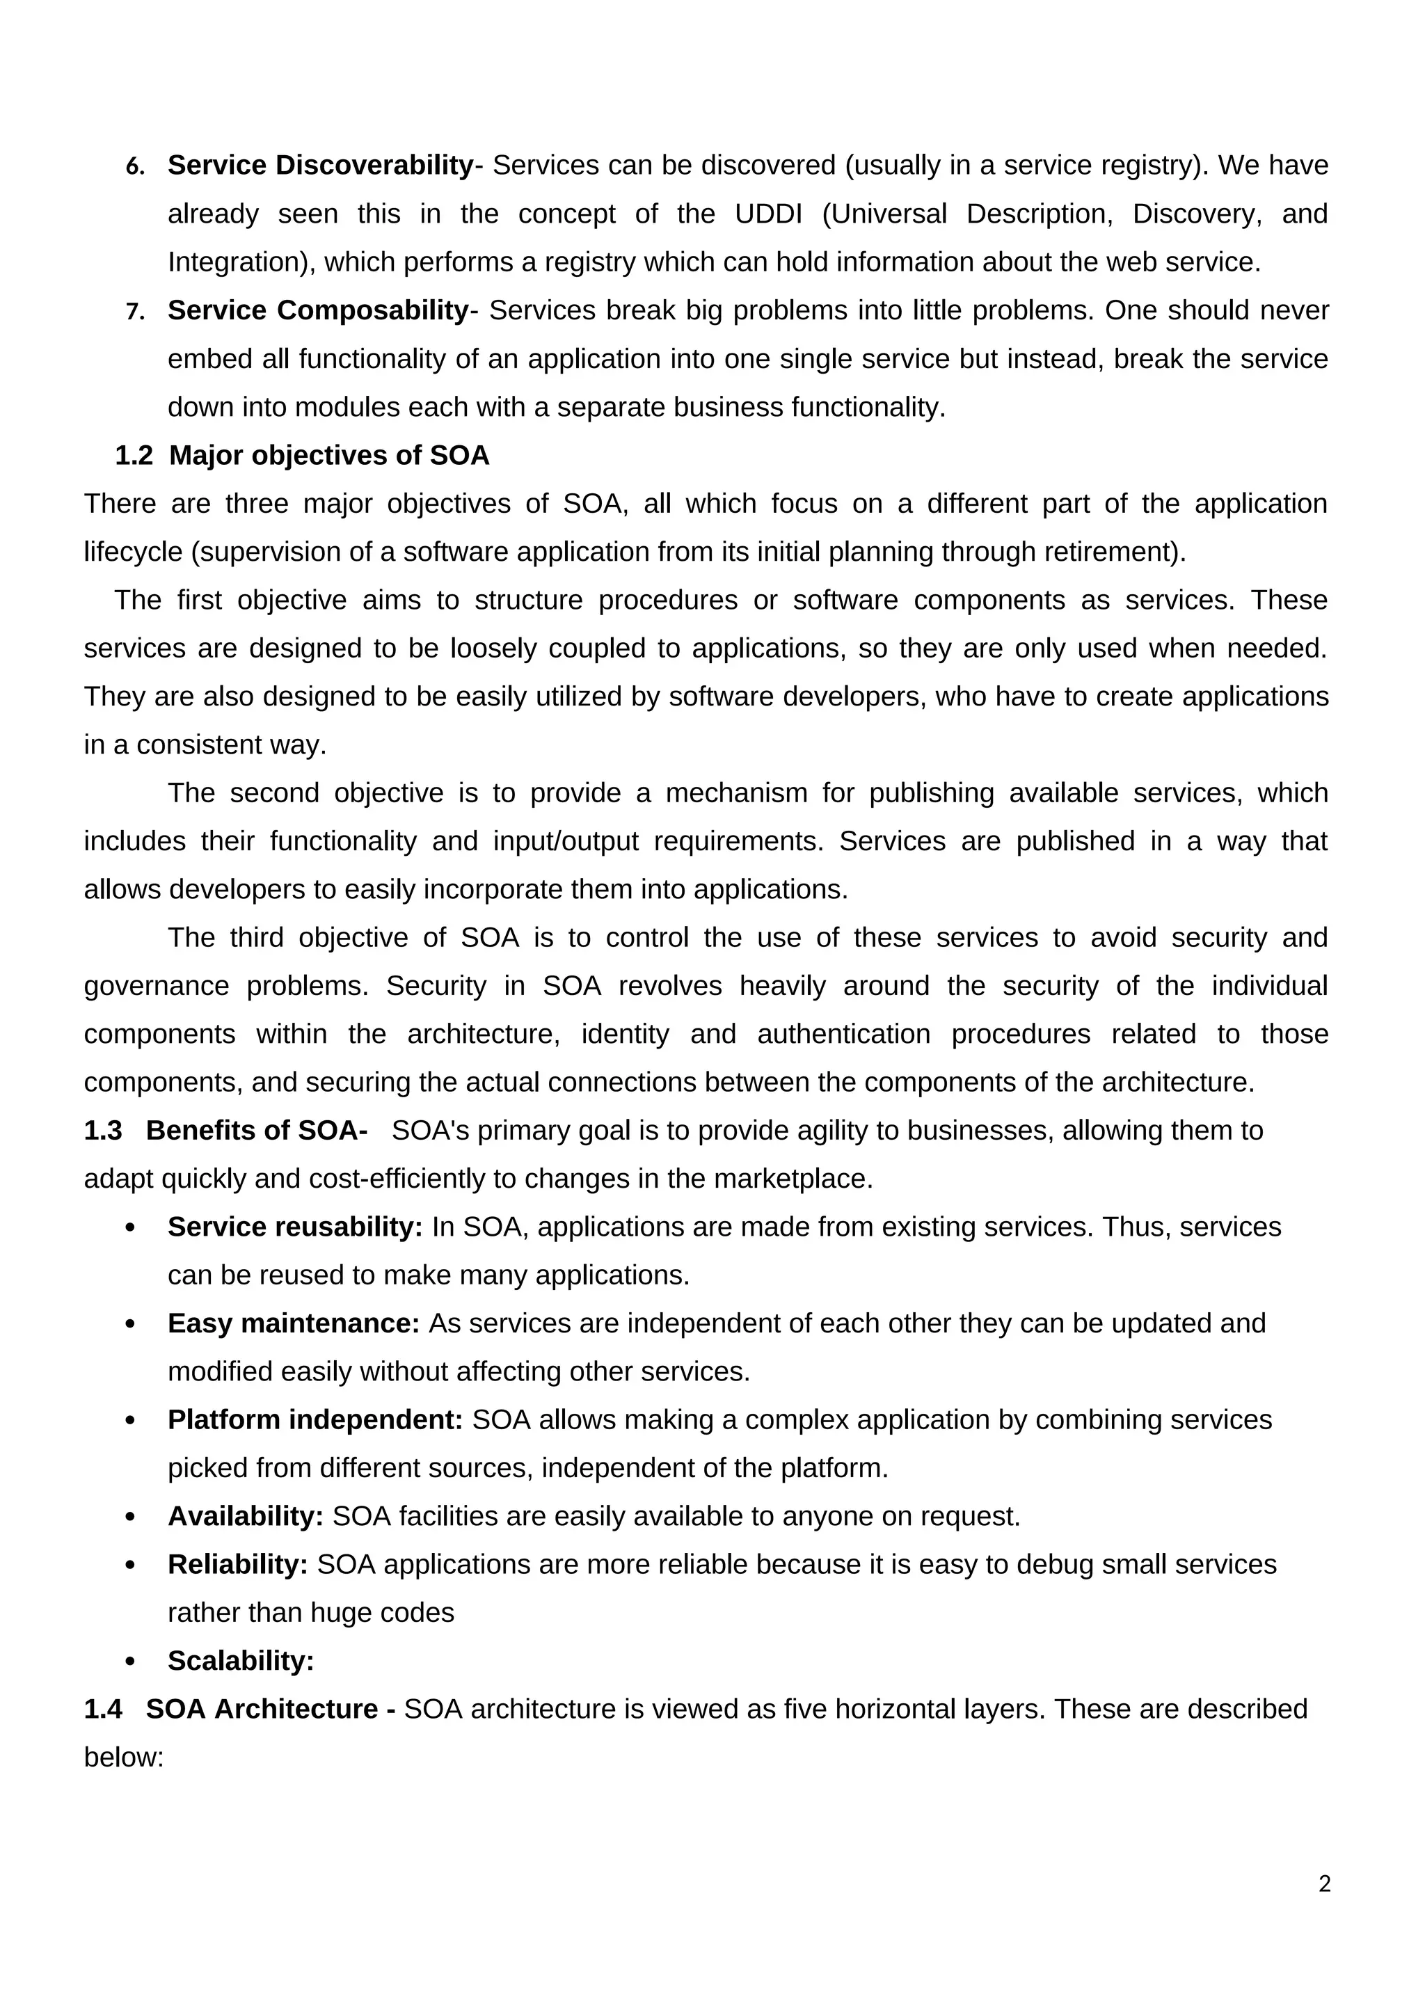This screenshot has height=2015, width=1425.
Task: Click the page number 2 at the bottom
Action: [1324, 1884]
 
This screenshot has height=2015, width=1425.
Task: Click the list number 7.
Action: [134, 312]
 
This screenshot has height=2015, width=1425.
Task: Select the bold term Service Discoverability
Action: [320, 165]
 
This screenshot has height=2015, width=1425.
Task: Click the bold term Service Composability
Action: [319, 310]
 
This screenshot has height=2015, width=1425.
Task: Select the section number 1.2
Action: [134, 456]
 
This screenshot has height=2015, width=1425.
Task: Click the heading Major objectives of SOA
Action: [329, 456]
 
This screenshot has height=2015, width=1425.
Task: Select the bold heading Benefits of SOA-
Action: [256, 1131]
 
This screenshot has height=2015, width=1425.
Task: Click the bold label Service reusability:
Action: [295, 1227]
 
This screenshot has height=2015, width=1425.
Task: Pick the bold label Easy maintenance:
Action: [293, 1323]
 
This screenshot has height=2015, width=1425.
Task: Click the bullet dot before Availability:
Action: [131, 1518]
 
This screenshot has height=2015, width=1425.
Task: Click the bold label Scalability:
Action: [241, 1662]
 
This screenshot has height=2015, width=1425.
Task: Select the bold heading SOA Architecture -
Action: [270, 1710]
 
